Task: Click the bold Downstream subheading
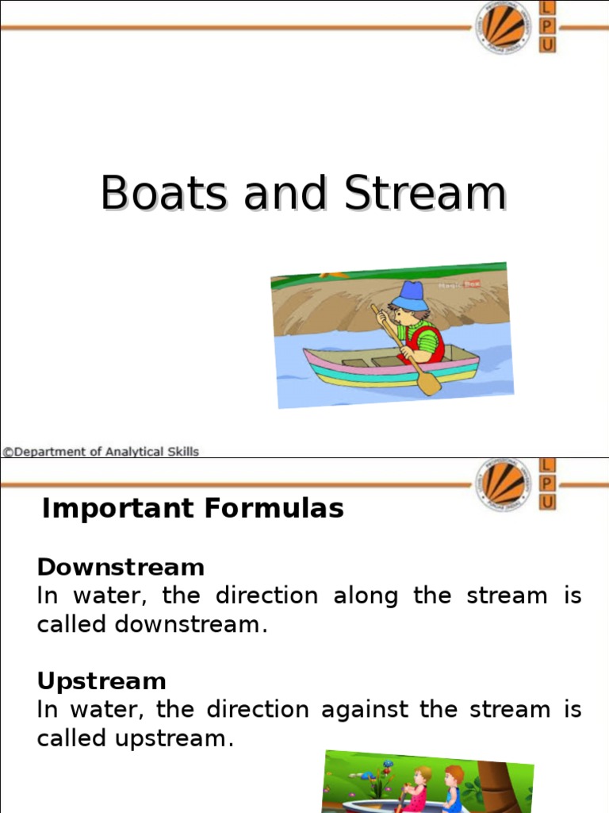pyautogui.click(x=121, y=567)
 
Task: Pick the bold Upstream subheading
pyautogui.click(x=101, y=681)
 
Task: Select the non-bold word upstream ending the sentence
pyautogui.click(x=174, y=738)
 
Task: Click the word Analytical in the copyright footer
pyautogui.click(x=132, y=452)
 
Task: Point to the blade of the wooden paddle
pyautogui.click(x=429, y=385)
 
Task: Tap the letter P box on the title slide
pyautogui.click(x=547, y=26)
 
